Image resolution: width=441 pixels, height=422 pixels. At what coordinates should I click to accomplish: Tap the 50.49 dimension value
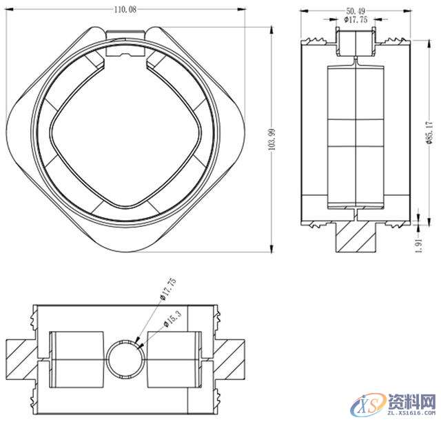(x=356, y=11)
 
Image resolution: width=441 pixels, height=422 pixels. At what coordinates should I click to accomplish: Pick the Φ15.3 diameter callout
(x=172, y=318)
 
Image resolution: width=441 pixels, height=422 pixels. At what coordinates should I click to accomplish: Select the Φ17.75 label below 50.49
(x=357, y=21)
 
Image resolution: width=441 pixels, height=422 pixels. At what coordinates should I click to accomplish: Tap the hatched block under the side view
(x=356, y=237)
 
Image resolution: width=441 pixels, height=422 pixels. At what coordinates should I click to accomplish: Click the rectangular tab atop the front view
(x=127, y=34)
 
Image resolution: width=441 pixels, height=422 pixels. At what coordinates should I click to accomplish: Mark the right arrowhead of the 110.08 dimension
(x=240, y=9)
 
